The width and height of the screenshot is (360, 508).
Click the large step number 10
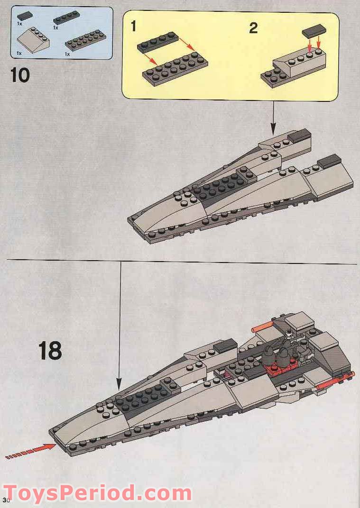20,75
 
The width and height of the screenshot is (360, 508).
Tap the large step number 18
50,351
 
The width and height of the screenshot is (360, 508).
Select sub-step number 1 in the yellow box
133,27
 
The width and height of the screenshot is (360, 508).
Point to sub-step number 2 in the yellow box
253,28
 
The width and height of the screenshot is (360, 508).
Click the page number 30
6,500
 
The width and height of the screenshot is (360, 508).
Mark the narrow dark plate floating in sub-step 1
158,41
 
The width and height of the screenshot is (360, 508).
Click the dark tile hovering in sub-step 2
314,32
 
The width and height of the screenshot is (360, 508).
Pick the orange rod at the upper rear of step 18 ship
262,327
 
